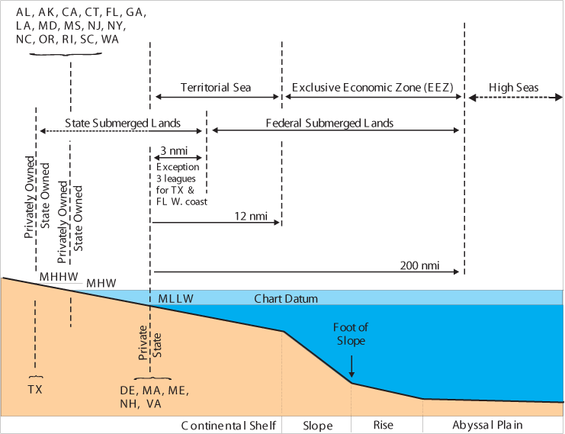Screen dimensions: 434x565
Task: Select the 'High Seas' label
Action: point(514,88)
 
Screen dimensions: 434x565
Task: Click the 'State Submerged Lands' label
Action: point(123,123)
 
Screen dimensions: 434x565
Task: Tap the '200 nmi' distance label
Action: point(418,266)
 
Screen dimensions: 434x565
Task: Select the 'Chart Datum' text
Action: point(286,299)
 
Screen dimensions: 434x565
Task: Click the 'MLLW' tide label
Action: point(176,299)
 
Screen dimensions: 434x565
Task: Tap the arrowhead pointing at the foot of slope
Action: point(352,374)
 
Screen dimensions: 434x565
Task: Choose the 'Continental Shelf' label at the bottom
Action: point(228,426)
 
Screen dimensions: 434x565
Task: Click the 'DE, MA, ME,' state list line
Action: point(153,390)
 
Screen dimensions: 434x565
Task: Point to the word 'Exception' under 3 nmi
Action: point(178,167)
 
